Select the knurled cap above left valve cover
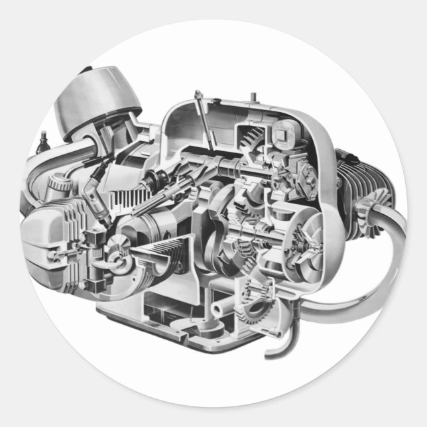pos(61,181)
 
